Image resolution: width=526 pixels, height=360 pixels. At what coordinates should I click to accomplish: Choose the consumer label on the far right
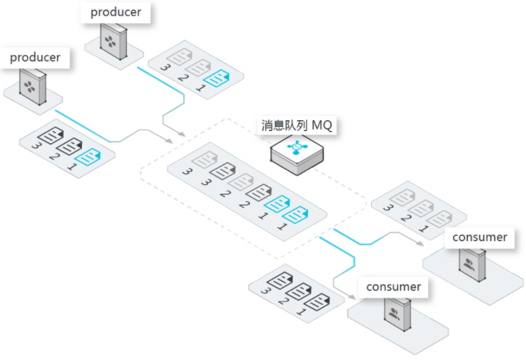click(480, 237)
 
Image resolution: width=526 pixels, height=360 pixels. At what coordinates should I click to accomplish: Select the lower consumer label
click(393, 286)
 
